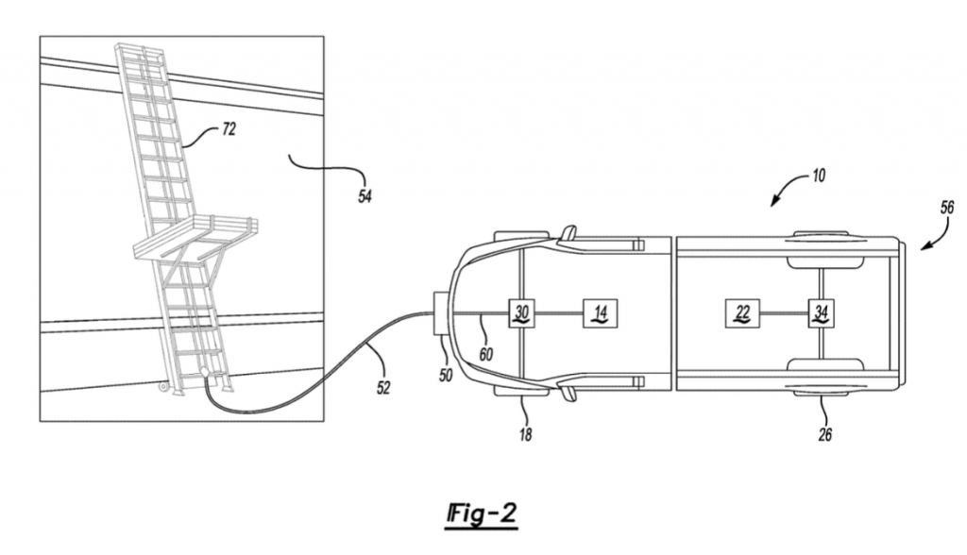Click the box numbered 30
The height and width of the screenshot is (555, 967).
tap(521, 313)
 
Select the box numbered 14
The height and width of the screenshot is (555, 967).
tap(600, 313)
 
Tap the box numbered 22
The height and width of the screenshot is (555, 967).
tap(742, 313)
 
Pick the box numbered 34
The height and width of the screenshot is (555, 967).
tap(822, 313)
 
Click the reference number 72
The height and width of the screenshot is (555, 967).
tap(229, 129)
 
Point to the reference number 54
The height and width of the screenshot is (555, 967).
tap(365, 196)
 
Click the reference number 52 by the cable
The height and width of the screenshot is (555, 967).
tap(383, 388)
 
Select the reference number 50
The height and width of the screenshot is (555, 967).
tap(446, 375)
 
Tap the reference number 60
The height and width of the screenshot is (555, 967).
tap(486, 355)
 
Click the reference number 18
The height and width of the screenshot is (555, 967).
tap(525, 435)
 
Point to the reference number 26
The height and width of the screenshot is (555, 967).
tap(825, 435)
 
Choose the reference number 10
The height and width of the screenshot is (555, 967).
tap(819, 176)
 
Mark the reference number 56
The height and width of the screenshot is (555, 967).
tap(946, 208)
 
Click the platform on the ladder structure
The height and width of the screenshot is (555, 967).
tap(195, 241)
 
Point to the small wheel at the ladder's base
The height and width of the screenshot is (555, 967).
tap(163, 387)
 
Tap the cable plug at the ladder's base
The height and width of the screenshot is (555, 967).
tap(204, 373)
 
